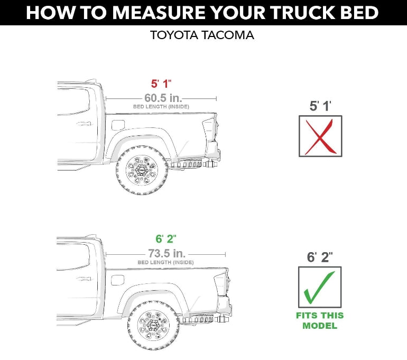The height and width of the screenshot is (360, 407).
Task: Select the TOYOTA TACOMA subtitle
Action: tap(202, 35)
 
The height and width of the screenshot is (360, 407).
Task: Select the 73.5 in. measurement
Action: tap(166, 253)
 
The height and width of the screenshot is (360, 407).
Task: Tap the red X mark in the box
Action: tap(320, 136)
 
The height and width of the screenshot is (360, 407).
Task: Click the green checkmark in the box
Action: tap(320, 287)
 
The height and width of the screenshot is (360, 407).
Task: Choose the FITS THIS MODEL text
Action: tap(320, 320)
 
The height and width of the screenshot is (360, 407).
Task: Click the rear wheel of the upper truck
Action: tap(142, 171)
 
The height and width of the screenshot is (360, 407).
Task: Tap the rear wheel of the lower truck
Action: tap(153, 326)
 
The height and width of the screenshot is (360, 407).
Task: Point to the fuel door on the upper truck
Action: tap(118, 125)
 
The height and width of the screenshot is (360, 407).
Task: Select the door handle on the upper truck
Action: tap(83, 124)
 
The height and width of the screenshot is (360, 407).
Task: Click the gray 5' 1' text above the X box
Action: tap(320, 106)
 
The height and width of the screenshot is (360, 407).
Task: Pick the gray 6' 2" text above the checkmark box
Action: tap(320, 257)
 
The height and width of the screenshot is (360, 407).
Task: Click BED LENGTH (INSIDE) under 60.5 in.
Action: tap(161, 107)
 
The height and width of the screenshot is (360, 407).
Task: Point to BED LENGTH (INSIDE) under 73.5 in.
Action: tap(165, 262)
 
